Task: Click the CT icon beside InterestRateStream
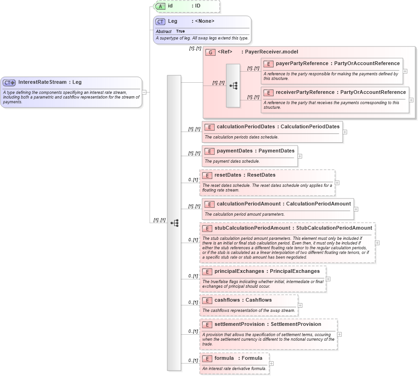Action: point(9,82)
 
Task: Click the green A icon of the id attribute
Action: point(160,6)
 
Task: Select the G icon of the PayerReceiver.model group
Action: point(210,52)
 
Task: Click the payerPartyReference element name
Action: point(302,63)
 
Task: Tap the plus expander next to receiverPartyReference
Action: point(411,100)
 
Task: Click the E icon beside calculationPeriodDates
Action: point(209,127)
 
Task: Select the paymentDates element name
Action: point(235,151)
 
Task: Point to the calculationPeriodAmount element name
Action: point(248,204)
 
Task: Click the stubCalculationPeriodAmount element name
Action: point(253,228)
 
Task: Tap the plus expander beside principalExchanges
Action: point(328,279)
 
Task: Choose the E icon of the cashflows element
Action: point(207,300)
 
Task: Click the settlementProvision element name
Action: point(240,324)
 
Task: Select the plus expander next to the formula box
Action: point(271,364)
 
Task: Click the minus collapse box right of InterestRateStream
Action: point(144,92)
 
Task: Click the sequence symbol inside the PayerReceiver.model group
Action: point(233,86)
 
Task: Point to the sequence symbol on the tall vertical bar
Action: point(174,223)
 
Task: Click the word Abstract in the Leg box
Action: point(163,31)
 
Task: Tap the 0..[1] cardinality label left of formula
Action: point(193,361)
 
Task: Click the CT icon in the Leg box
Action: point(160,21)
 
